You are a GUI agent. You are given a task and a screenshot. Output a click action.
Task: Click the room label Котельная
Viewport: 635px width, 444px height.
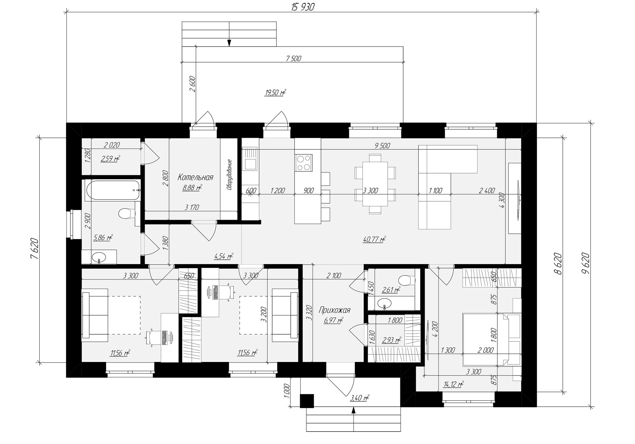195,177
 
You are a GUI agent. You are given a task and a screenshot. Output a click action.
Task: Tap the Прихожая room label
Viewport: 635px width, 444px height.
334,310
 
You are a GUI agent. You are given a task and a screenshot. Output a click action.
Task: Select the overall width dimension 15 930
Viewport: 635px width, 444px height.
303,7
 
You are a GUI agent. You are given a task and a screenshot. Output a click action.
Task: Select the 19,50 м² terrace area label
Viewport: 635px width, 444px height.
275,93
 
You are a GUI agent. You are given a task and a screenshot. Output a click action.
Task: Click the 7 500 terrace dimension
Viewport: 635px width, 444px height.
293,59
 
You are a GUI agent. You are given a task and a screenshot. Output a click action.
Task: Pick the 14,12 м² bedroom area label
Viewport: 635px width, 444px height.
453,384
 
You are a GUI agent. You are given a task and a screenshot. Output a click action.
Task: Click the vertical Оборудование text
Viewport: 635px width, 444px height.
229,175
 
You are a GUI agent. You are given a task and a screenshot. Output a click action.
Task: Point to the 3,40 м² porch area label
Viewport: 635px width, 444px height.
360,398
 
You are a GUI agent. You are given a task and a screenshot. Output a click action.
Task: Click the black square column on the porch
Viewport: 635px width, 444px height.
307,401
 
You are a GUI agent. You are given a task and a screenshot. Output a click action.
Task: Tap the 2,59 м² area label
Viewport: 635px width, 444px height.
110,159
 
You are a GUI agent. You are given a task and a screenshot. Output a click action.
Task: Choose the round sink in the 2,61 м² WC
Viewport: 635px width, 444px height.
384,303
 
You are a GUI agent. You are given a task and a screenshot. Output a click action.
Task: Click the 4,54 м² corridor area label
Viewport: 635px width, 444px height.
224,256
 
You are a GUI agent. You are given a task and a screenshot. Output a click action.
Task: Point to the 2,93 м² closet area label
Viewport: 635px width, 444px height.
392,340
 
